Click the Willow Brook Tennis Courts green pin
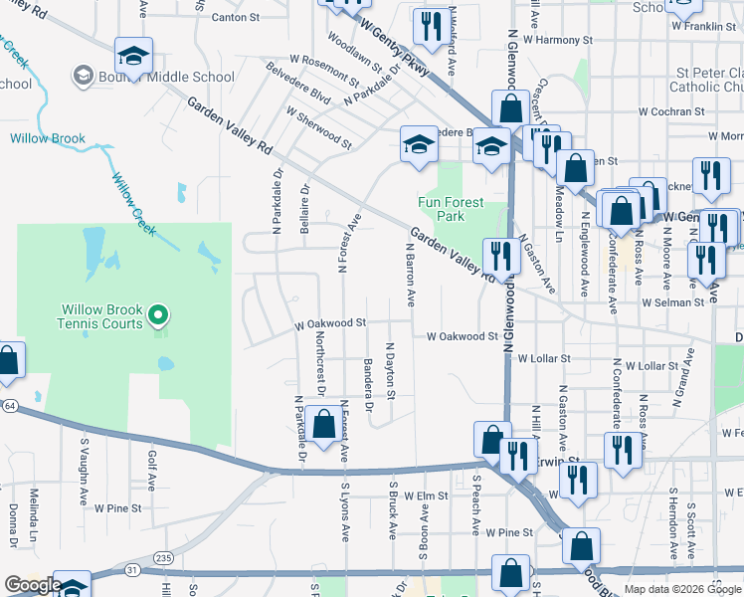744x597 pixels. point(157,318)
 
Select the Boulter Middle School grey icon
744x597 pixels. point(83,75)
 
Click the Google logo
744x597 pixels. point(32,585)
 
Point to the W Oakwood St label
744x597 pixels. point(331,323)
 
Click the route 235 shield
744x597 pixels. point(163,557)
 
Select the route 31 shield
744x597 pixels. point(132,569)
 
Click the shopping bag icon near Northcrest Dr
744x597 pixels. point(324,425)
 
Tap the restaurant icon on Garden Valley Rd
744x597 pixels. point(500,256)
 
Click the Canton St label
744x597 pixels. point(235,17)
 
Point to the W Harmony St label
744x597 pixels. point(557,41)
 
